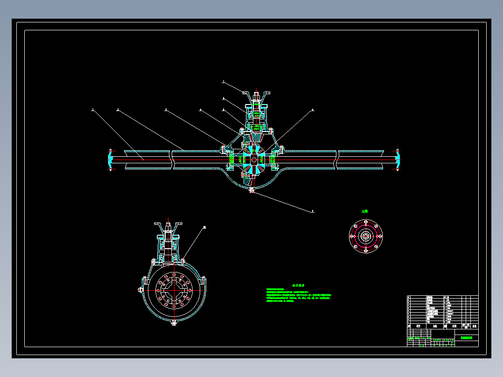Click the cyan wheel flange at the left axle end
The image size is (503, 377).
pyautogui.click(x=110, y=159)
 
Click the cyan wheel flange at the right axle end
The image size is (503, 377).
pyautogui.click(x=398, y=159)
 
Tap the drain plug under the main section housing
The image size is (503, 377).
pyautogui.click(x=251, y=190)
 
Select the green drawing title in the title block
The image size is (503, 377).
pyautogui.click(x=466, y=338)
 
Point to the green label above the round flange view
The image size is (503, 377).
pyautogui.click(x=365, y=211)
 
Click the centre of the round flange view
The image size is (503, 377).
pyautogui.click(x=366, y=236)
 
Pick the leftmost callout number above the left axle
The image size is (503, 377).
pyautogui.click(x=93, y=110)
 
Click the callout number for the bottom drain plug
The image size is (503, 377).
pyautogui.click(x=313, y=211)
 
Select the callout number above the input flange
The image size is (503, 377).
pyautogui.click(x=223, y=82)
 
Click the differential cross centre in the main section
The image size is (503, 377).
pyautogui.click(x=253, y=160)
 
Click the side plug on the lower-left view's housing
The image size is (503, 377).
pyautogui.click(x=140, y=290)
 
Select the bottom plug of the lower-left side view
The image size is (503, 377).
pyautogui.click(x=174, y=322)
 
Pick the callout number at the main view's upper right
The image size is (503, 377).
pyautogui.click(x=313, y=110)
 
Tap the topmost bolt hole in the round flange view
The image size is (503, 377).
pyautogui.click(x=366, y=225)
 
